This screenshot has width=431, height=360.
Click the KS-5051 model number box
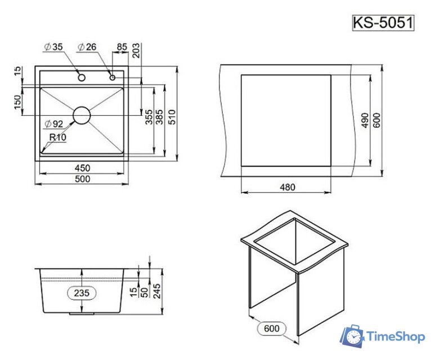pyautogui.click(x=383, y=23)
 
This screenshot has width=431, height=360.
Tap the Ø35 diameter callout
pyautogui.click(x=53, y=47)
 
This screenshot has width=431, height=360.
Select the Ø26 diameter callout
pyautogui.click(x=87, y=47)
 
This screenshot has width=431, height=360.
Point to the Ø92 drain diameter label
pyautogui.click(x=54, y=124)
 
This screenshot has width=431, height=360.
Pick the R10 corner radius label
pyautogui.click(x=58, y=137)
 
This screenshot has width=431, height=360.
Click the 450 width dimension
pyautogui.click(x=82, y=168)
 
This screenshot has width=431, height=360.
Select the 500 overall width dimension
pyautogui.click(x=82, y=179)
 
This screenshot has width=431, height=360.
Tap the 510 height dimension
pyautogui.click(x=172, y=117)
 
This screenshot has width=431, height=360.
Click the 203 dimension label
pyautogui.click(x=136, y=51)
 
